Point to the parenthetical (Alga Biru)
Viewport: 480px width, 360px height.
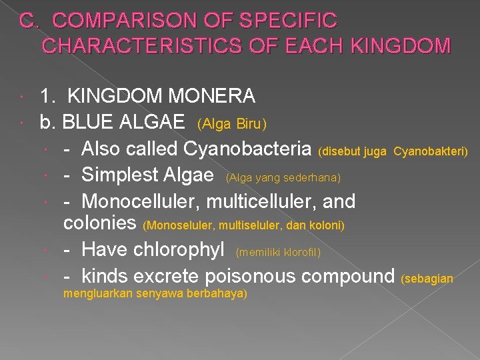(x=232, y=124)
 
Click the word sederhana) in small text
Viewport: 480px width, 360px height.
(x=315, y=177)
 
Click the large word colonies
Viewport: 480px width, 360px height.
(x=101, y=223)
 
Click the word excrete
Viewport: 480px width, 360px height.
(x=167, y=275)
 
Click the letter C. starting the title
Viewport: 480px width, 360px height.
(x=27, y=21)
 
